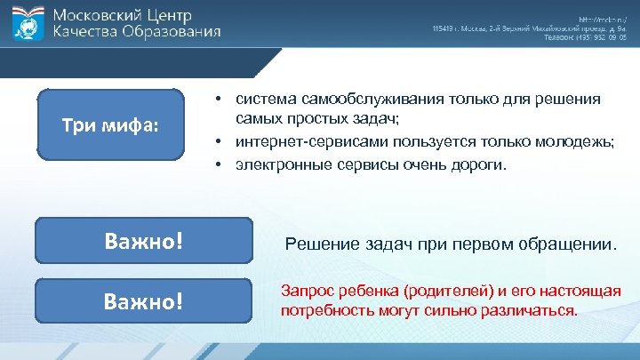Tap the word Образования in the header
[170, 32]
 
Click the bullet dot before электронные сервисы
[216, 164]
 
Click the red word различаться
[532, 311]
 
